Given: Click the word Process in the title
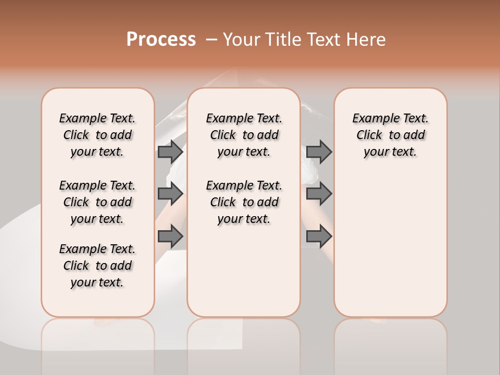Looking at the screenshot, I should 161,40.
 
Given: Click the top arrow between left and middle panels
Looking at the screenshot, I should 170,152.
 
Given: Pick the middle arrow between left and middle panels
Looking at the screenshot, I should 170,194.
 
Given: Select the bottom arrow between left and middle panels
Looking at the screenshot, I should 170,236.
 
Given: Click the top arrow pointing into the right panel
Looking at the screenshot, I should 319,152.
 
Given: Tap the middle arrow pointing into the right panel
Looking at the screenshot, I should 319,194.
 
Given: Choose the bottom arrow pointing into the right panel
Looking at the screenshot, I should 319,236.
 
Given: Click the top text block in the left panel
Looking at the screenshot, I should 97,135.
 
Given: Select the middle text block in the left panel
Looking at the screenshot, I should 97,202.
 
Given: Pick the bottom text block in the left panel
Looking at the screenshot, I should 97,266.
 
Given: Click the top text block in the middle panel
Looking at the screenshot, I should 244,135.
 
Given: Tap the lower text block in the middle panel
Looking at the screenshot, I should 244,202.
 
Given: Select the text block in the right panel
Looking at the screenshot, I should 391,135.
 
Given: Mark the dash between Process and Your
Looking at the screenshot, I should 211,40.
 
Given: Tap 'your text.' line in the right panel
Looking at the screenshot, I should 391,152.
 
